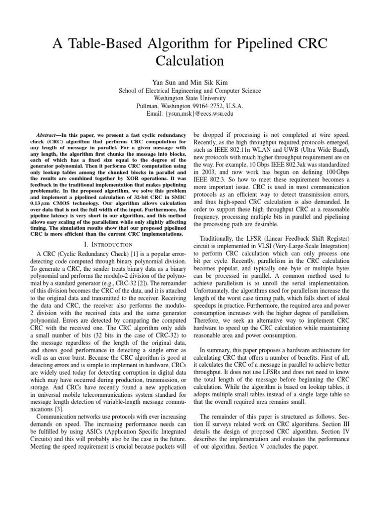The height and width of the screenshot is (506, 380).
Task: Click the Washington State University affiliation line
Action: (x=190, y=98)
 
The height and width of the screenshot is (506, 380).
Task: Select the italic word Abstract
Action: (x=48, y=134)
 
